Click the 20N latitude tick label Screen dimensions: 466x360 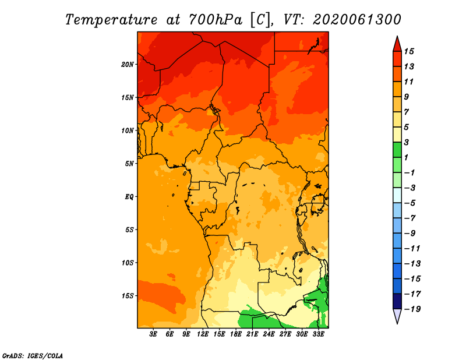pos(128,65)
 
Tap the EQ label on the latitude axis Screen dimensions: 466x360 pos(129,197)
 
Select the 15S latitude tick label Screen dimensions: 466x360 pos(128,296)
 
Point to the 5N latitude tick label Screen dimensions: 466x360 pos(129,164)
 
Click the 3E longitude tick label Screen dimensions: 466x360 pos(153,334)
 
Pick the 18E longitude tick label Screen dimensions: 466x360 pos(236,334)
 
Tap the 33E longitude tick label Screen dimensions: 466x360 pos(318,334)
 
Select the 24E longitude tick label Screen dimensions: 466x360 pos(269,334)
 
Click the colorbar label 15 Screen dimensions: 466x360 pos(409,51)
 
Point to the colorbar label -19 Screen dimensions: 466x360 pos(412,309)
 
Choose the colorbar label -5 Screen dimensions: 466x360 pos(410,203)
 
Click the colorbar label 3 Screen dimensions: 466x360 pos(407,142)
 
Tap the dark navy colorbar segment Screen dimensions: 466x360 pos(397,301)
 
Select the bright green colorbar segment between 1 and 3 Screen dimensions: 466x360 pos(397,150)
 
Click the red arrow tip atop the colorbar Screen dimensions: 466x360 pos(397,36)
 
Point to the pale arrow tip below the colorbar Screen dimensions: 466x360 pos(397,323)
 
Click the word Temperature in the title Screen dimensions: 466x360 pos(111,20)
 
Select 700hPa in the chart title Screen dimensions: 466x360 pos(215,20)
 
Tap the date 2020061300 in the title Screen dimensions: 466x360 pos(356,20)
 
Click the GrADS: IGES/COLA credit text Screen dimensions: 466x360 pos(33,355)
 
